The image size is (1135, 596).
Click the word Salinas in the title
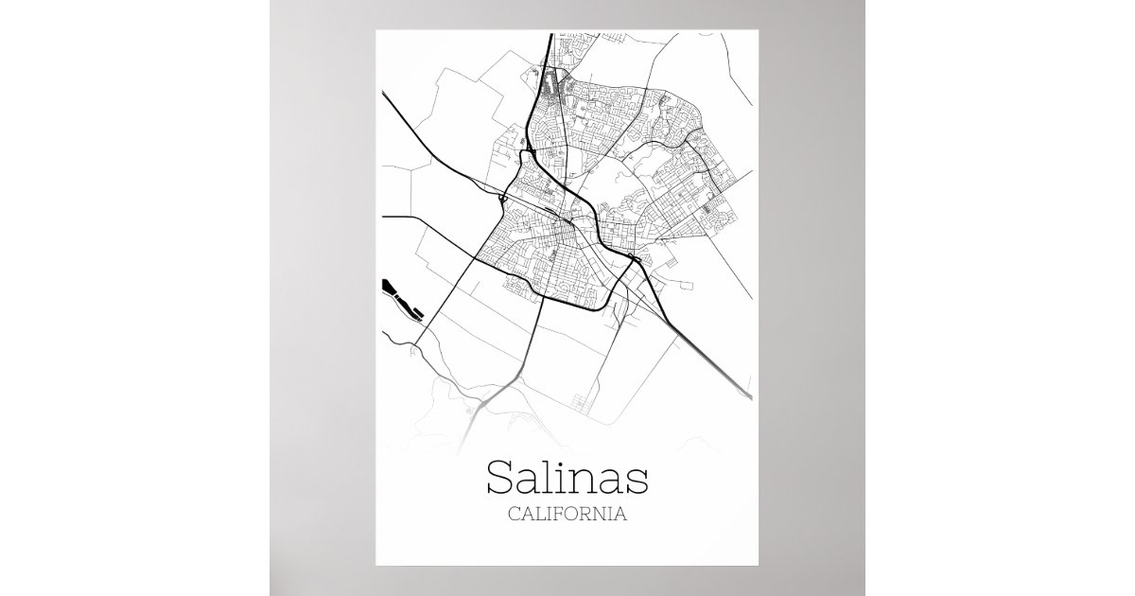pos(567,478)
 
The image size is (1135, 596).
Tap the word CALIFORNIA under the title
pos(567,516)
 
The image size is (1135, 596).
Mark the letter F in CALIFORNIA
pos(560,516)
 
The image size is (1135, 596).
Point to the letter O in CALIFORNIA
pos(574,516)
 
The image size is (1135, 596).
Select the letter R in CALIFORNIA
pos(589,516)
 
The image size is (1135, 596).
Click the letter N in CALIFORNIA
pos(604,516)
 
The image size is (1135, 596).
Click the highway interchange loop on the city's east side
pos(635,258)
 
